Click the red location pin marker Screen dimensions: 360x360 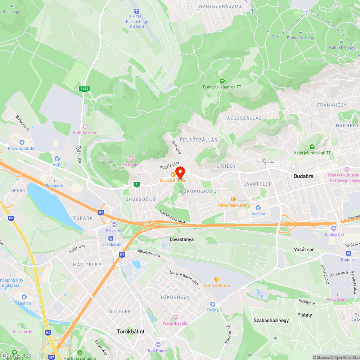[180, 172]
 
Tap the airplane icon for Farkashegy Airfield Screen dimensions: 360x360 [136, 12]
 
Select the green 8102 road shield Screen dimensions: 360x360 [84, 89]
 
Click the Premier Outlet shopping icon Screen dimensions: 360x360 [22, 142]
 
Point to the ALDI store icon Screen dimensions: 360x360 [57, 159]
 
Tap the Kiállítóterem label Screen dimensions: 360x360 [85, 132]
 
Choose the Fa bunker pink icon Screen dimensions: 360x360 [132, 158]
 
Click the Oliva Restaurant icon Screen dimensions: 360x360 [233, 199]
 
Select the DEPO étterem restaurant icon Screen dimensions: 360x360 [217, 279]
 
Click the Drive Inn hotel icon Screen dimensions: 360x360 [114, 224]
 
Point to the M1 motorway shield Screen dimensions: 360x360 [101, 212]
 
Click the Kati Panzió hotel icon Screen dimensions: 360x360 [158, 344]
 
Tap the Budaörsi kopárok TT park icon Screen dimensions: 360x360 [222, 81]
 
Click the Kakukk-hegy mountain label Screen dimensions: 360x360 [341, 47]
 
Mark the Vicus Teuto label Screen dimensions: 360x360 [337, 299]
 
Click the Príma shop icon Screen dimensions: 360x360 [213, 304]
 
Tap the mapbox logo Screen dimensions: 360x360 [16, 355]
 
